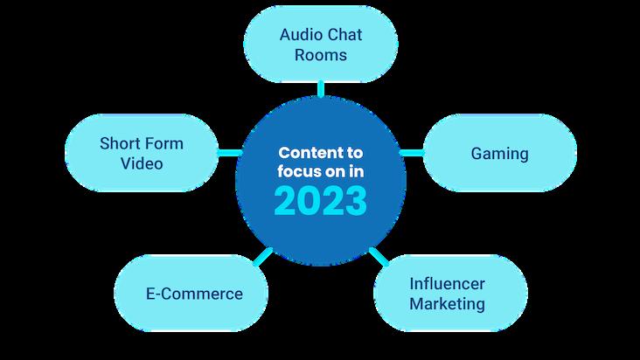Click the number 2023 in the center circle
pos(319,201)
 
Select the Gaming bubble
pos(499,154)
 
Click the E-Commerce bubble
pos(193,294)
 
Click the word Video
pos(143,163)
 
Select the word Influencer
pos(447,284)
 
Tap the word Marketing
pos(447,304)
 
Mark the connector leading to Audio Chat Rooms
pos(320,87)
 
